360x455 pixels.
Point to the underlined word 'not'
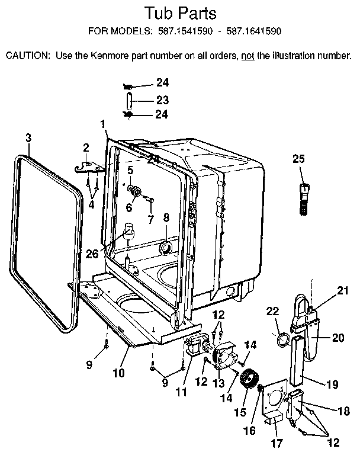point(247,56)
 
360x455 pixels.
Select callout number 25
point(299,158)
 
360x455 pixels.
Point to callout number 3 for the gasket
point(28,137)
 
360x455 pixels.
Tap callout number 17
point(277,443)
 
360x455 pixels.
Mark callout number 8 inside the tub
point(166,218)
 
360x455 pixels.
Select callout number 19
point(332,384)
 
